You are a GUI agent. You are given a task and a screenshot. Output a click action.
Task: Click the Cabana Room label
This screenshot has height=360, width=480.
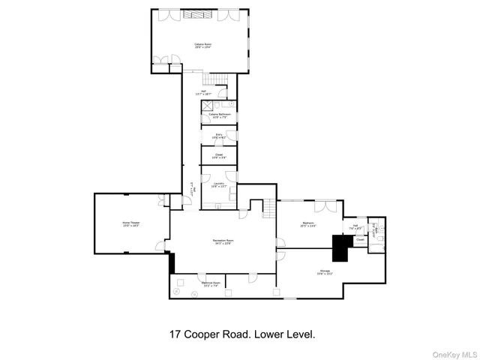point(201,46)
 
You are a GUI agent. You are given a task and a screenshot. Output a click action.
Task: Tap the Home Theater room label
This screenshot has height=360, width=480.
point(131,224)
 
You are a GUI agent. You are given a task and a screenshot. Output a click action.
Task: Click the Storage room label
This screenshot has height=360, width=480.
point(324,274)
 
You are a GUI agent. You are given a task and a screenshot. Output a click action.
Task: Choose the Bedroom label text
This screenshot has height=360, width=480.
point(309,224)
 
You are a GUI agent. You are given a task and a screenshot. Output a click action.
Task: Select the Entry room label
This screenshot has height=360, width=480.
point(218,136)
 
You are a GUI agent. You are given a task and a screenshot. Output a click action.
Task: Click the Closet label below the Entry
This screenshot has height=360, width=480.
point(218,157)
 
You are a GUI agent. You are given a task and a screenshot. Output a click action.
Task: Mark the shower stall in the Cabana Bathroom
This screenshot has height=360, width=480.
point(206,106)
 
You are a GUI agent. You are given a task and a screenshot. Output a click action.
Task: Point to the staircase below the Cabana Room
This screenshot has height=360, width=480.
point(215,79)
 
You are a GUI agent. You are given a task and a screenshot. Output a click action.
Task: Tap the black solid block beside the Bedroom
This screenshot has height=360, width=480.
point(343,247)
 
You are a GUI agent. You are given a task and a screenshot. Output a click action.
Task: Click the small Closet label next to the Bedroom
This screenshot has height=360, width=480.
point(349,240)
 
